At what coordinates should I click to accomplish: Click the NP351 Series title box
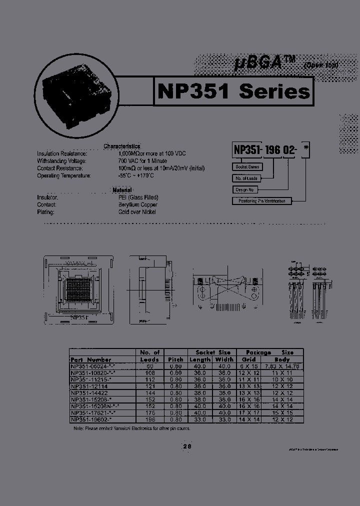coord(233,91)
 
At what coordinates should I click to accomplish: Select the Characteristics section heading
coord(122,146)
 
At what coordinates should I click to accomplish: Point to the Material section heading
coord(122,190)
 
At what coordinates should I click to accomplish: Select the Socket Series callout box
coord(247,167)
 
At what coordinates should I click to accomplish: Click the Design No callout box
coord(245,189)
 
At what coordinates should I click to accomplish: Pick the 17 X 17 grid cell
coord(249,413)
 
